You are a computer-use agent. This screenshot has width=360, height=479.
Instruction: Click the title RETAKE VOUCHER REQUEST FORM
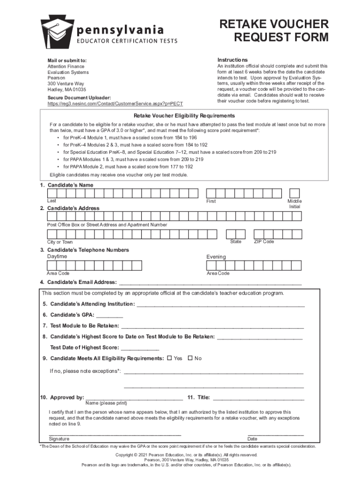(x=274, y=30)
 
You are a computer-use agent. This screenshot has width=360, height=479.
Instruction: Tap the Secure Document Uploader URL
(x=115, y=103)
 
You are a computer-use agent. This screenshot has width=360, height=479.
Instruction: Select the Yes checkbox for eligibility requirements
(x=169, y=358)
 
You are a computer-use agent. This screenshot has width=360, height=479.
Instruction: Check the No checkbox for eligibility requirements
(x=190, y=358)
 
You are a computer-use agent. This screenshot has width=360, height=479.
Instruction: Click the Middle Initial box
(x=295, y=193)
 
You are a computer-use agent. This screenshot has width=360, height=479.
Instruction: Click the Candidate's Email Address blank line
(x=210, y=282)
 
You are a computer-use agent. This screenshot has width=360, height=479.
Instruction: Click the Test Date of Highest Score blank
(x=140, y=348)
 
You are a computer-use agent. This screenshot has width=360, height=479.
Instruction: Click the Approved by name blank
(x=134, y=398)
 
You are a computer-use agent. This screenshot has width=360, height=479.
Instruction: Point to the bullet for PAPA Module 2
(x=58, y=167)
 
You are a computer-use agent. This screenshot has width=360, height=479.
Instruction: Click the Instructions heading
(x=232, y=60)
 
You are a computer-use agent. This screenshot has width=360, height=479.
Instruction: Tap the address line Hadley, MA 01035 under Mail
(x=66, y=89)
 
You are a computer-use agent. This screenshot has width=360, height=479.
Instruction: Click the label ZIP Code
(x=264, y=242)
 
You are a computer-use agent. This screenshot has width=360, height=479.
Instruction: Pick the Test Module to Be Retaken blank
(x=213, y=326)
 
